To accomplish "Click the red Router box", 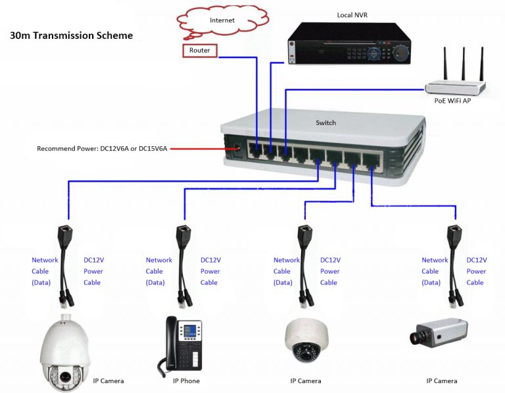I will (199, 50).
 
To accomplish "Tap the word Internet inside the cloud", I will (222, 20).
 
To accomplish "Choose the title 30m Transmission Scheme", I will (71, 36).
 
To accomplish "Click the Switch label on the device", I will (325, 122).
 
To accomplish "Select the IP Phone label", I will (186, 380).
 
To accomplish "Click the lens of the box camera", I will (416, 338).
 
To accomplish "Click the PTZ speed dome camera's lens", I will (66, 376).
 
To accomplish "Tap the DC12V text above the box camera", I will (477, 260).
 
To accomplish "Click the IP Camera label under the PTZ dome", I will (108, 380).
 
